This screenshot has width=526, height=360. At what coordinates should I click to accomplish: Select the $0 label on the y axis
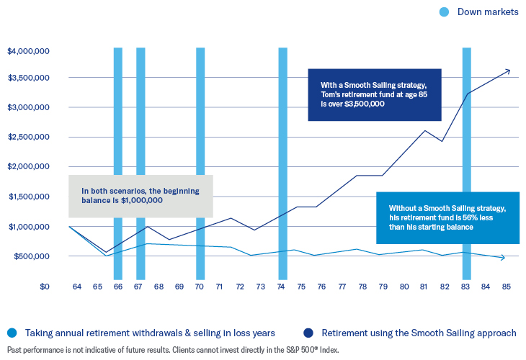[44, 286]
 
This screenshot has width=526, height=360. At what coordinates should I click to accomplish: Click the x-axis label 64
[77, 286]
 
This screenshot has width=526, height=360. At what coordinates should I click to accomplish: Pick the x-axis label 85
[507, 286]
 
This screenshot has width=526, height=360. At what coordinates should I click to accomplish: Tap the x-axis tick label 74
[282, 286]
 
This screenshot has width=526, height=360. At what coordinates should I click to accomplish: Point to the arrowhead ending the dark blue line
[507, 71]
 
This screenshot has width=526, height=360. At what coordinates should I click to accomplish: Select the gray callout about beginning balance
[141, 196]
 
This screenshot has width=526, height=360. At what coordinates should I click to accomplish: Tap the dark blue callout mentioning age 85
[374, 94]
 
